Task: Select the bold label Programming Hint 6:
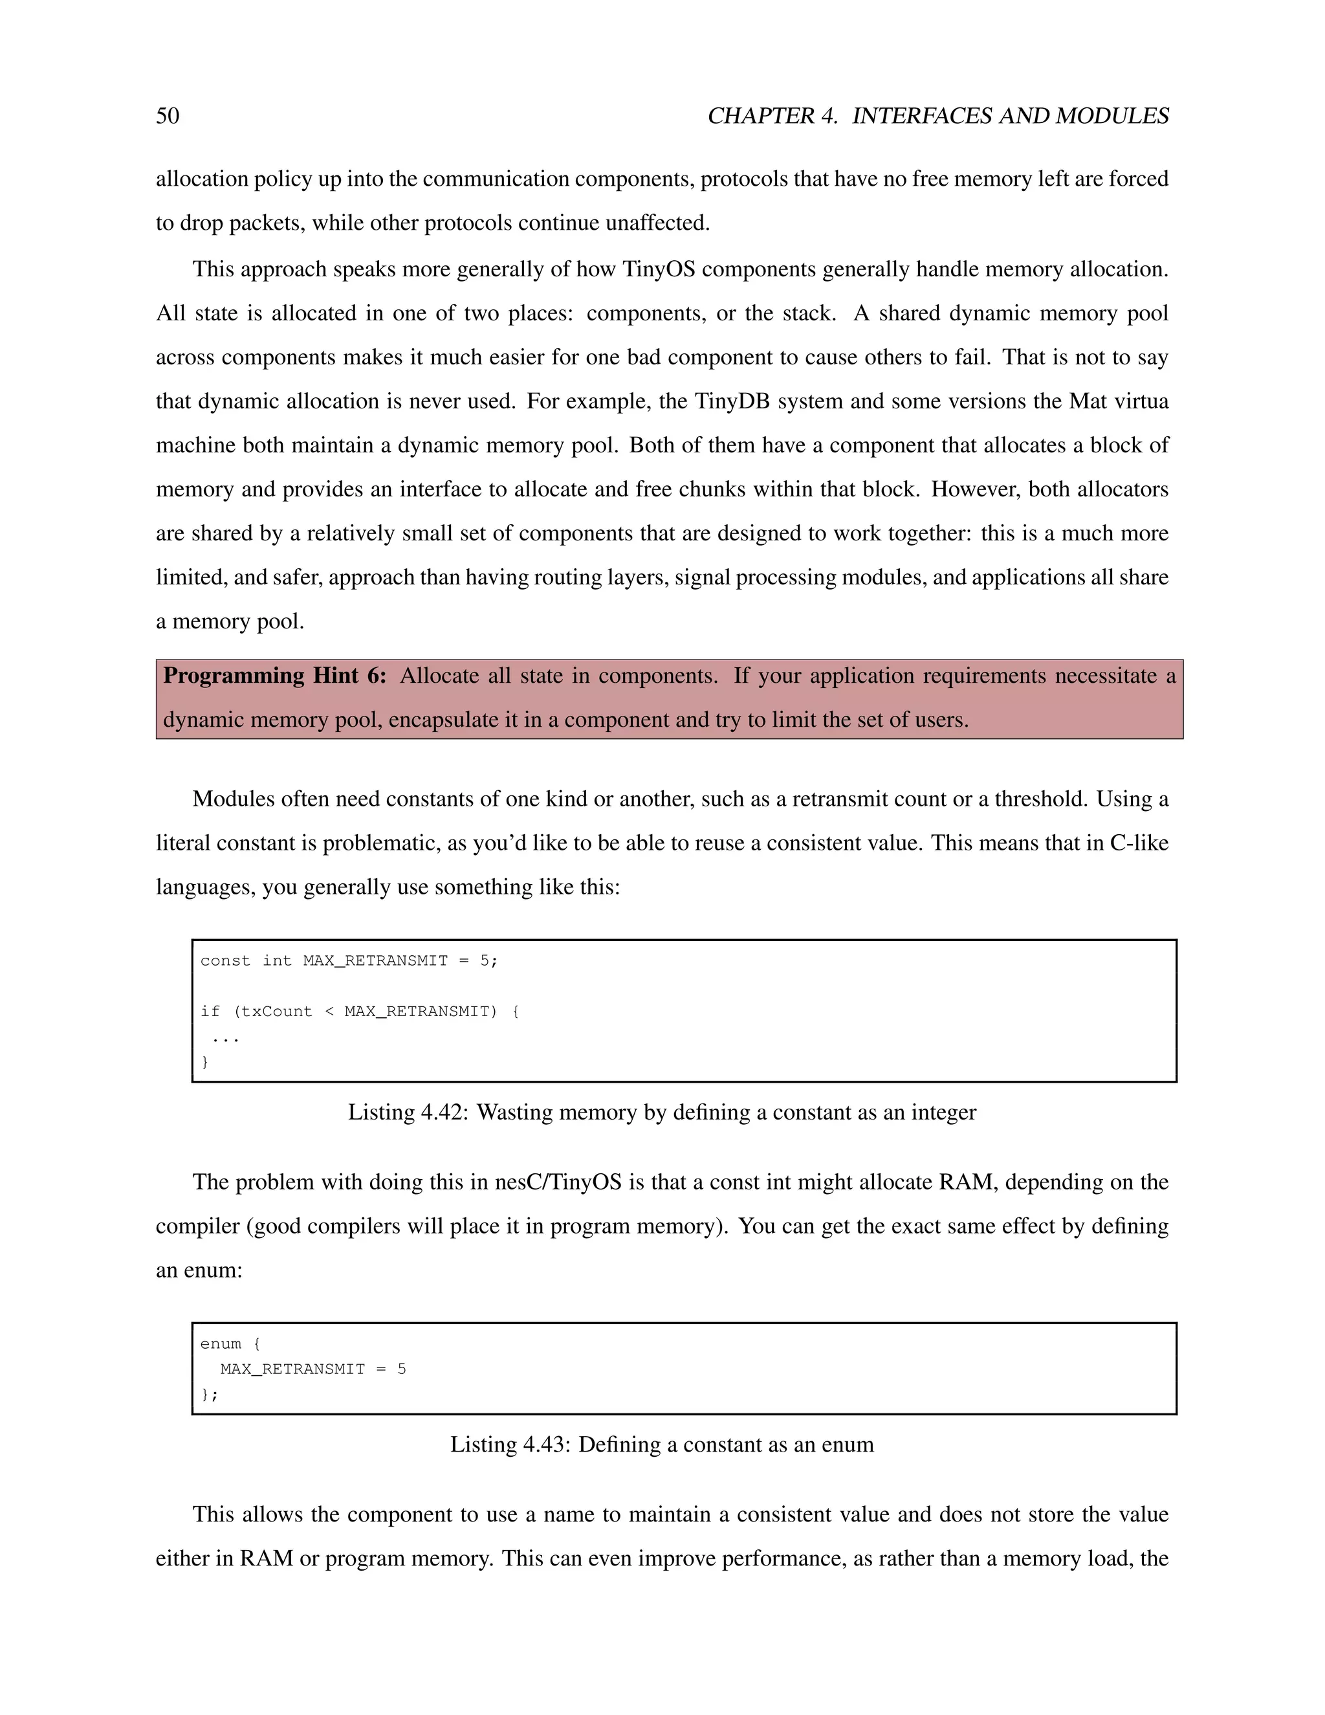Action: pos(274,676)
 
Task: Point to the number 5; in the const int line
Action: pos(488,960)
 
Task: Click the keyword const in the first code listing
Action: pos(225,960)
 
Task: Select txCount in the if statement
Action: pos(276,1012)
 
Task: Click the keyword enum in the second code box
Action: pos(221,1344)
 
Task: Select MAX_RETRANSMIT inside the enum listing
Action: pos(292,1369)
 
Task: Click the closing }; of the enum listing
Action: pos(210,1395)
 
